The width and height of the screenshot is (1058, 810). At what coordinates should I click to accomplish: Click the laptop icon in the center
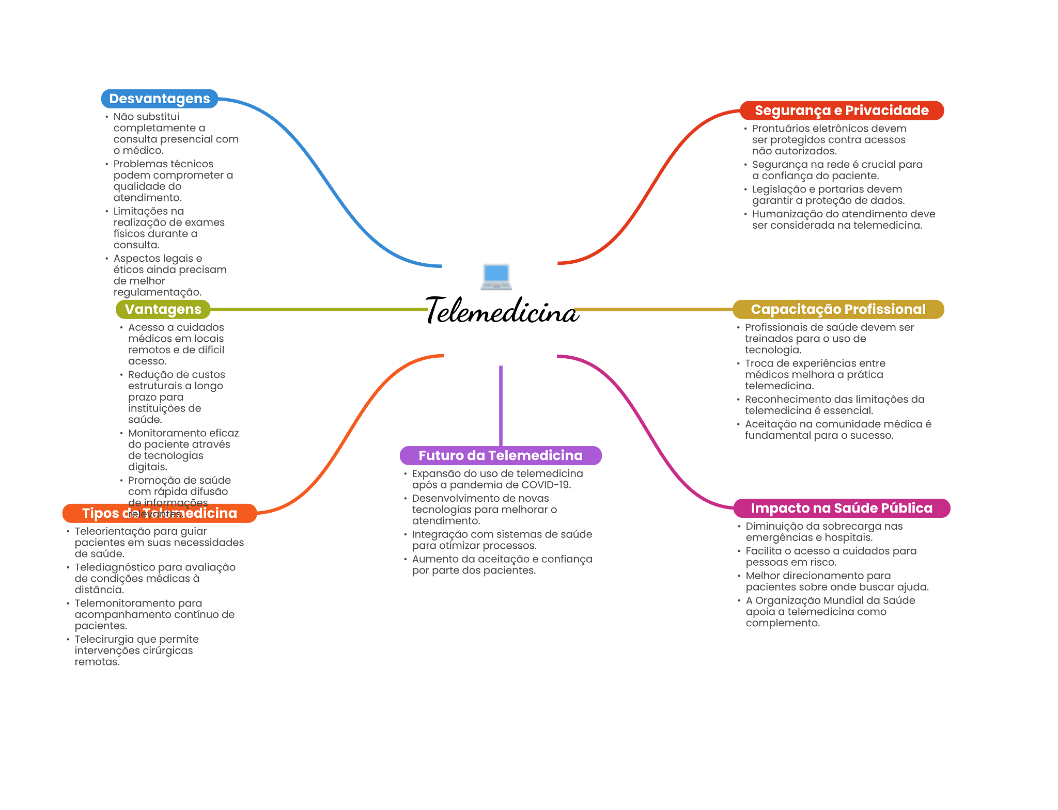(x=496, y=276)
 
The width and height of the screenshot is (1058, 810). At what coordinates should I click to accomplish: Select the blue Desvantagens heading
(x=159, y=99)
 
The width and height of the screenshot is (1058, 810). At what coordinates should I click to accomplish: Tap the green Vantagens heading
(x=163, y=309)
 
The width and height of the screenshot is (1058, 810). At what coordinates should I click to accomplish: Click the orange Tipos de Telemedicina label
(x=159, y=513)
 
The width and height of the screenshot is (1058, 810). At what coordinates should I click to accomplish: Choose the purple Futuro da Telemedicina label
(x=500, y=455)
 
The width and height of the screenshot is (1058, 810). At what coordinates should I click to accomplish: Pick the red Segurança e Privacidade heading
(x=841, y=110)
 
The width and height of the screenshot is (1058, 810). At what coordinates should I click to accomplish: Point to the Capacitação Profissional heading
(x=837, y=309)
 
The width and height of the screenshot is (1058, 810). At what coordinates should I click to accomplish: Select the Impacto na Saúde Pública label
(x=841, y=508)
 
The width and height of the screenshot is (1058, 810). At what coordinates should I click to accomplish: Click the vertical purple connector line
(x=501, y=405)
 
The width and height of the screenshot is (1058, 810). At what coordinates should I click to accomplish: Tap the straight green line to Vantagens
(x=320, y=309)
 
